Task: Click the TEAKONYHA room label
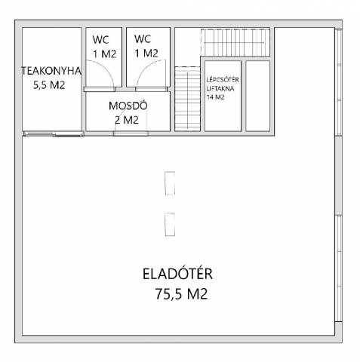coord(51,71)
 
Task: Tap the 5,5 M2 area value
coord(49,85)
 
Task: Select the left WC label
coord(100,40)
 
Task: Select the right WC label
coord(143,39)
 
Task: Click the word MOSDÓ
coord(128,106)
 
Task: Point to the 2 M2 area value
coord(127,120)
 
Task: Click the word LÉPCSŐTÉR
coord(223,80)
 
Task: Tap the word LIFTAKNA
coord(220,88)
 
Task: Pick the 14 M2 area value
coord(215,97)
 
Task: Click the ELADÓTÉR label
coord(177,274)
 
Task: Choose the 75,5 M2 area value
coord(181,293)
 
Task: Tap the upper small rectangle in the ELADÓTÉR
coord(170,183)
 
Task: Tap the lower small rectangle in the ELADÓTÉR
coord(170,225)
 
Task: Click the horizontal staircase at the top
coord(235,42)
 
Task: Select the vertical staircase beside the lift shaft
coord(187,99)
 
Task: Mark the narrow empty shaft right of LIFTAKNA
coord(258,96)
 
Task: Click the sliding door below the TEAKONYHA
coord(54,133)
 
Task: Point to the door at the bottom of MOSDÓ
coord(131,133)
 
